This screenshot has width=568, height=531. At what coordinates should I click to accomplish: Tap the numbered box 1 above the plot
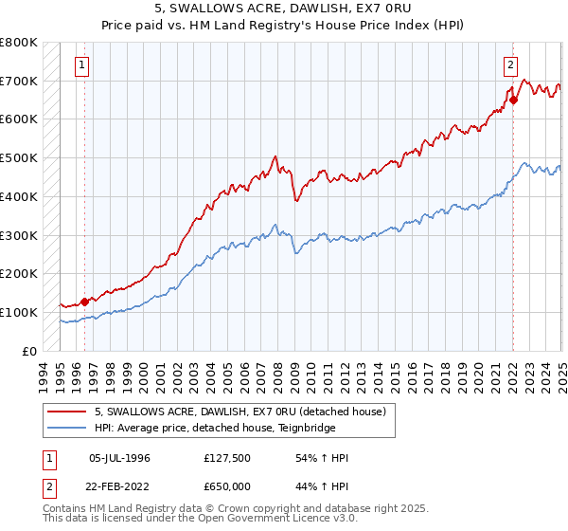[82, 65]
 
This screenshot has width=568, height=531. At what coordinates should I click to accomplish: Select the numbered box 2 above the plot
[510, 65]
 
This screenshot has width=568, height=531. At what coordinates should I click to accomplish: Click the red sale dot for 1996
[84, 302]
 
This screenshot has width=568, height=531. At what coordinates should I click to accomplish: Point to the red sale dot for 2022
[513, 100]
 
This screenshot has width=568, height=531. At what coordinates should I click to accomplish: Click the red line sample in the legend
[67, 412]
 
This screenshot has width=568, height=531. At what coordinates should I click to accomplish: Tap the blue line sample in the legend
[67, 428]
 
